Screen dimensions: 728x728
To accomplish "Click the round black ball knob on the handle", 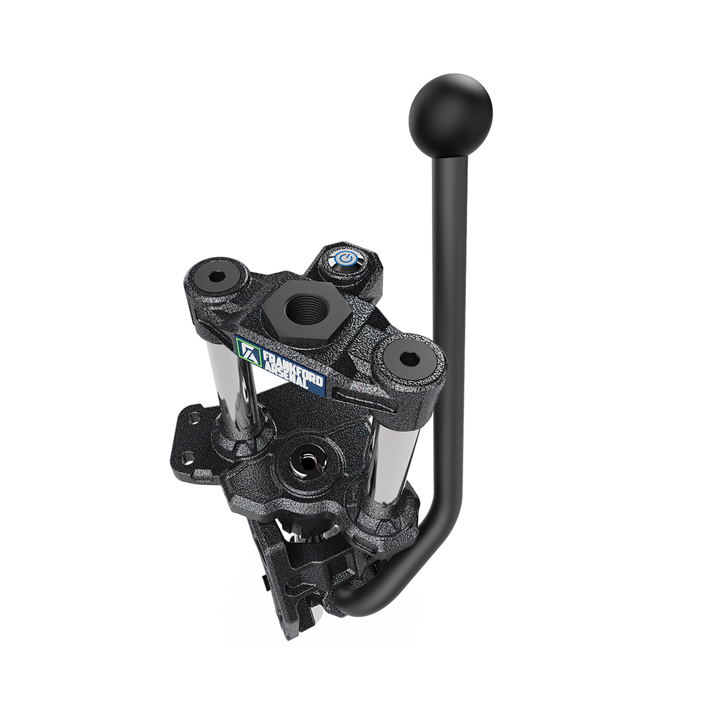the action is tap(450, 116).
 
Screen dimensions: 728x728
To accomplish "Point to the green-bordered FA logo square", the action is tap(249, 351).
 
